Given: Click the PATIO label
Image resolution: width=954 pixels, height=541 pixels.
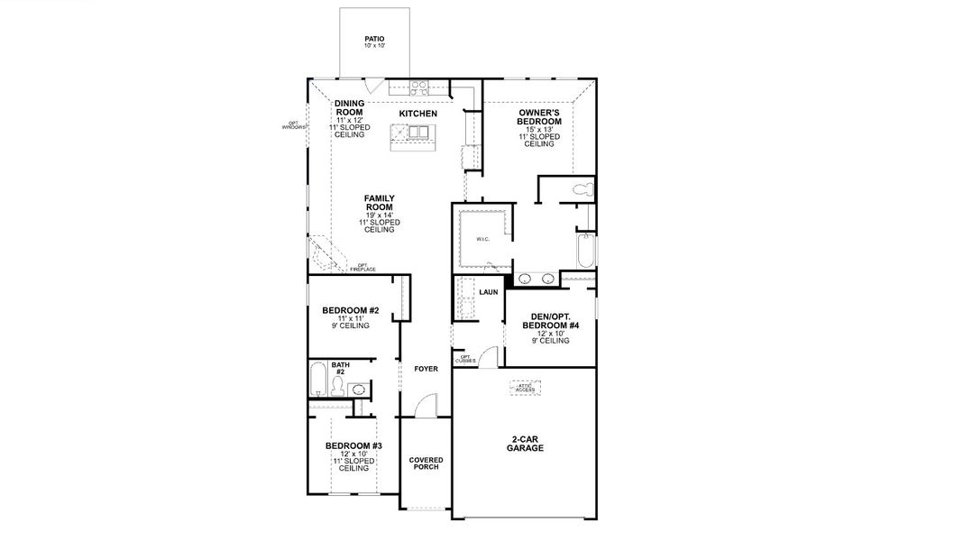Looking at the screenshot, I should (x=374, y=40).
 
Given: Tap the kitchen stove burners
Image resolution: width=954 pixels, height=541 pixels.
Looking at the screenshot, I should (x=419, y=87).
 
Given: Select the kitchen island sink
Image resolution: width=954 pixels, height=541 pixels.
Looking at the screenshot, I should (x=418, y=133).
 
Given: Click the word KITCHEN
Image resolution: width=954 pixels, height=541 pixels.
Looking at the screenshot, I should (x=418, y=115).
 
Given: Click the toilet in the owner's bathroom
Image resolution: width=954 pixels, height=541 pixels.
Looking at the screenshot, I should (x=584, y=189).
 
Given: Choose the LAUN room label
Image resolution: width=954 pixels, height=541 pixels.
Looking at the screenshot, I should (x=489, y=292).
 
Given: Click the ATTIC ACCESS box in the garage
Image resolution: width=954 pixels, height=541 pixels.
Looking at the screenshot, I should (x=525, y=387).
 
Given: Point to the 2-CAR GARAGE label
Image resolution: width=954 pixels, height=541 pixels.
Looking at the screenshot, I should (x=525, y=444).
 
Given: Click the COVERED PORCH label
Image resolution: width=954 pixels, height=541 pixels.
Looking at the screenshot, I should (x=426, y=463).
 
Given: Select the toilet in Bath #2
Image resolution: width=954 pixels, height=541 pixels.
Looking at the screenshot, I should (x=337, y=387).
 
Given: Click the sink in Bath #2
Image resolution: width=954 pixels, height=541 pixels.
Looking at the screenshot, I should (x=358, y=390).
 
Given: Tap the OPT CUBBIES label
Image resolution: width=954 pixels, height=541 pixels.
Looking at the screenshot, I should (x=466, y=359).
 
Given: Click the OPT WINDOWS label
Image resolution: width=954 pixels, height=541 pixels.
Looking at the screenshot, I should (x=293, y=125).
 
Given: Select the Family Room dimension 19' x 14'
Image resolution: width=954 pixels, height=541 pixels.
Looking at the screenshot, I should (x=379, y=214).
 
